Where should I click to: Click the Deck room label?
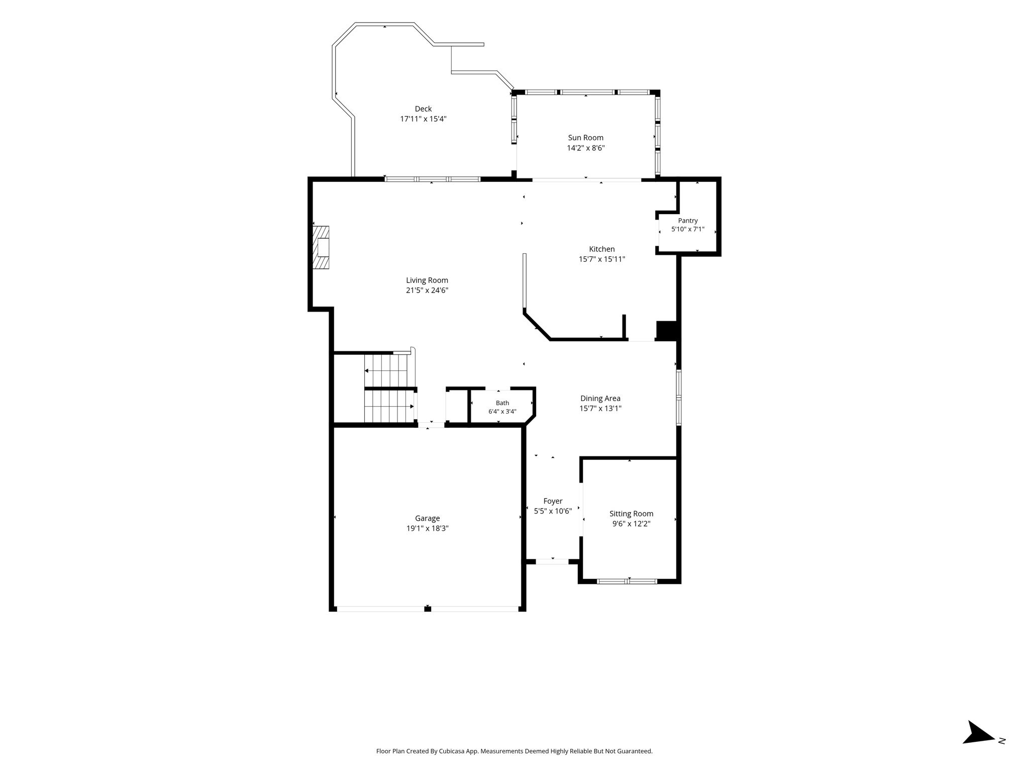coord(423,109)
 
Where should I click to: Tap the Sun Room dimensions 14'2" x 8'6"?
coord(586,148)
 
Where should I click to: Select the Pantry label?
coord(688,221)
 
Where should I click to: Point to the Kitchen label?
coord(602,249)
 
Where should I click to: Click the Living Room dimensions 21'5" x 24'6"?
coord(427,290)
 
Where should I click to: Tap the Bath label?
coord(502,403)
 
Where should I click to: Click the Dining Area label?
coord(600,399)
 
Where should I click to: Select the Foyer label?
coord(553,501)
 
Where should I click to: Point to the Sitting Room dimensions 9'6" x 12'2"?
coord(631,524)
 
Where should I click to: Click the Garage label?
coord(428,518)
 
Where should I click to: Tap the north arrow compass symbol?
coord(978,746)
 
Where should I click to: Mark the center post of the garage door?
coord(428,609)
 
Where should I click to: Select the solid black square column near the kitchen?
coord(667,331)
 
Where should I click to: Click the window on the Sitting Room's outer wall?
coord(627,582)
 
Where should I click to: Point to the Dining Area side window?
coord(679,398)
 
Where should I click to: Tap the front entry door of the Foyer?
coord(552,561)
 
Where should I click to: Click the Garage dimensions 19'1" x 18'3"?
coord(428,528)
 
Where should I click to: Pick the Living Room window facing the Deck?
coord(433,179)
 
